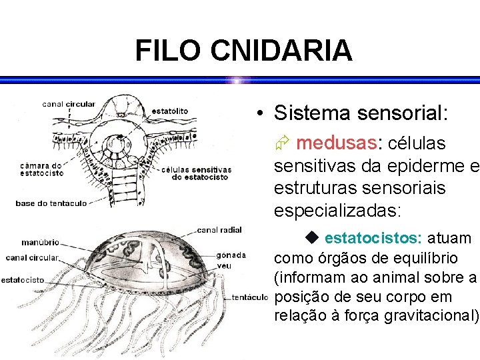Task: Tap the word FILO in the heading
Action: [168, 51]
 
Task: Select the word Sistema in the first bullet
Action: [311, 113]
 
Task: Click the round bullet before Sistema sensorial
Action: [264, 113]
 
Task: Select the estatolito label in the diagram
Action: [169, 111]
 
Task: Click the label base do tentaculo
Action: [51, 203]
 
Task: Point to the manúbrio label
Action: [40, 242]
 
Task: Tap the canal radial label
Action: [219, 230]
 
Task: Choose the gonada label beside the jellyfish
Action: [231, 255]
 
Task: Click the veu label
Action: [223, 265]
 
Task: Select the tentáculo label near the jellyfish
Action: [250, 297]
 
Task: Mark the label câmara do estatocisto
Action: [41, 169]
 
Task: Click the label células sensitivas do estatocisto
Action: [196, 173]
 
